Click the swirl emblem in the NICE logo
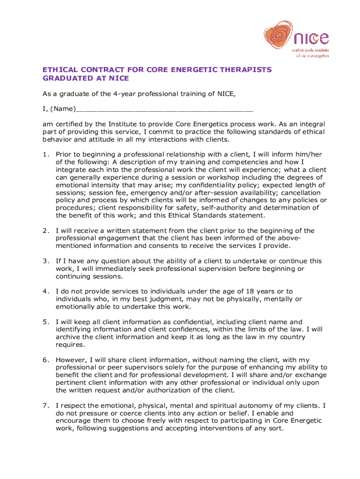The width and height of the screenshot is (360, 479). point(280,36)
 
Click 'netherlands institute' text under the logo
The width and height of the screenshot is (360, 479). point(310,49)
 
